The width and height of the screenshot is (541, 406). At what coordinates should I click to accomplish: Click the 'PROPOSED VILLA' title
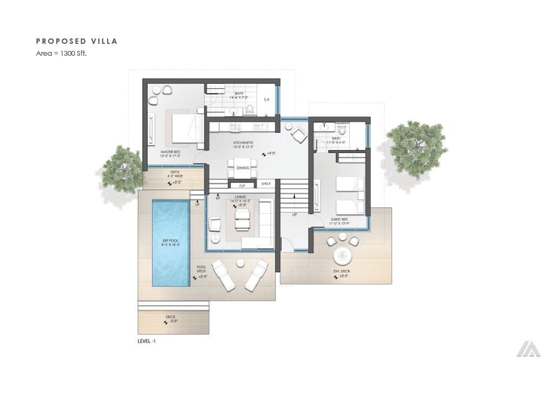click(x=76, y=41)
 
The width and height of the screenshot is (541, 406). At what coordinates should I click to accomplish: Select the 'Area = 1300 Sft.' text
click(x=61, y=53)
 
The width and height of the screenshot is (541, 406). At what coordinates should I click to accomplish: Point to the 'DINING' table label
click(x=242, y=168)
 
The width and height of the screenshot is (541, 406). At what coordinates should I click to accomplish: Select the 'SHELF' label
click(x=266, y=184)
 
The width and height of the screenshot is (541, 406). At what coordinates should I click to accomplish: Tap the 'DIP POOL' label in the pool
click(x=170, y=242)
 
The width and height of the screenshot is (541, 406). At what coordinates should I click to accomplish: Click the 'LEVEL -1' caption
click(x=147, y=342)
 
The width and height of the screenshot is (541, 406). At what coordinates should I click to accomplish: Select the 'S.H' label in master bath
click(x=266, y=100)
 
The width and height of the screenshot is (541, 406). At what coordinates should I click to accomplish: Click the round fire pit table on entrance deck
click(x=343, y=255)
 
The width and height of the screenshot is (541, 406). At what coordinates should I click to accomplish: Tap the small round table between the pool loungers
click(x=240, y=263)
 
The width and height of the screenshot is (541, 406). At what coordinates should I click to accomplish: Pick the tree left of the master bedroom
click(x=123, y=168)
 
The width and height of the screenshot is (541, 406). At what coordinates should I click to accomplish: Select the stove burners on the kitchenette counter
click(x=235, y=127)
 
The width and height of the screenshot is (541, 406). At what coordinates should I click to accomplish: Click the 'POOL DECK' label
click(x=201, y=269)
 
